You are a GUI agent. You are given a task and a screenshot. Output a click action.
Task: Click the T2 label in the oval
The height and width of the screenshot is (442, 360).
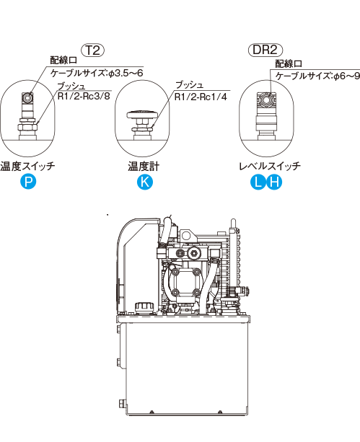(x=93, y=50)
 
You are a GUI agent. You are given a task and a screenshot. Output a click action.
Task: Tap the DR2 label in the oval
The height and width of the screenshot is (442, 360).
(x=265, y=50)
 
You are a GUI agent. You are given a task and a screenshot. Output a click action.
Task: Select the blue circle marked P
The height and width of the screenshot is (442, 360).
(x=28, y=182)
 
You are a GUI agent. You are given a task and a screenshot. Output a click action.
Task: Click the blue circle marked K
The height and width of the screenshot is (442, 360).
(x=145, y=182)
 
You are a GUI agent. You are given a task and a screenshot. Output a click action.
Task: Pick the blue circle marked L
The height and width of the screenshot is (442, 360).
(x=258, y=182)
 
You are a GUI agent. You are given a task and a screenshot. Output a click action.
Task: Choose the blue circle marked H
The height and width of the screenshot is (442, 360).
(x=274, y=182)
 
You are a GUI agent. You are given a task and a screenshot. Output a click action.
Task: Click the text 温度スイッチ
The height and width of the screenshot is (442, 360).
(x=27, y=166)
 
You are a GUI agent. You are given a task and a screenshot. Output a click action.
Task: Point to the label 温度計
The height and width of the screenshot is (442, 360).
(x=144, y=167)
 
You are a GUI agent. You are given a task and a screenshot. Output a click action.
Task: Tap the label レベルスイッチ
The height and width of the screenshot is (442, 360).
(x=270, y=166)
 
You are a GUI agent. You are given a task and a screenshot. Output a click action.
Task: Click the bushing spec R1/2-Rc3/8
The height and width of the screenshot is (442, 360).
(x=84, y=96)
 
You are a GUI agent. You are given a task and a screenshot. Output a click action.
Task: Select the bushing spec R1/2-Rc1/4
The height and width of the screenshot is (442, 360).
(x=201, y=97)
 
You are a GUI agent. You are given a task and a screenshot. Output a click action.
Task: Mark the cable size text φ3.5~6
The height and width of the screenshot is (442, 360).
(x=126, y=74)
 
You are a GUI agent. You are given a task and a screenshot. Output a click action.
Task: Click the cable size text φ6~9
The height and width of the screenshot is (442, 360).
(x=347, y=76)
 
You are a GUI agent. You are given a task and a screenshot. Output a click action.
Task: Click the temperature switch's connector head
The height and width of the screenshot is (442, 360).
(x=28, y=98)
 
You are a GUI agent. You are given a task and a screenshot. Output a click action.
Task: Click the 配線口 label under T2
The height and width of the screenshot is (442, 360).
(x=63, y=60)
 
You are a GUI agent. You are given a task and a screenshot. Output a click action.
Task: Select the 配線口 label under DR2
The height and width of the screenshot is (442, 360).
(x=289, y=63)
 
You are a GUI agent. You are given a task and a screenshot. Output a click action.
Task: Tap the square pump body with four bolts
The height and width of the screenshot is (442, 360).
(x=185, y=282)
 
